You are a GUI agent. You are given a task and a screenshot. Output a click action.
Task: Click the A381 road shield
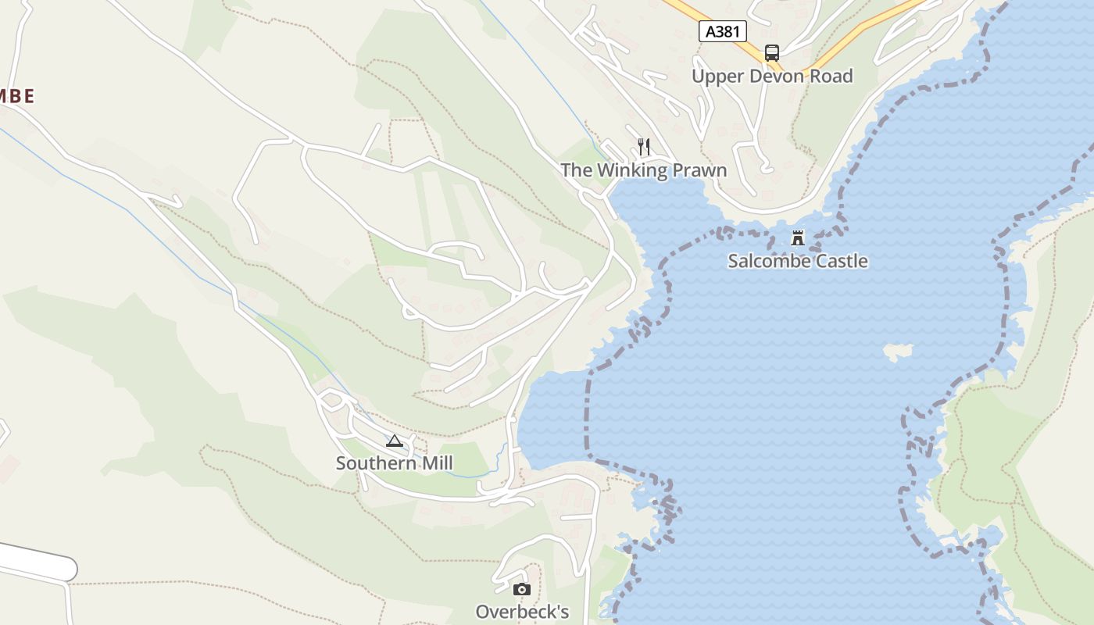[722, 31]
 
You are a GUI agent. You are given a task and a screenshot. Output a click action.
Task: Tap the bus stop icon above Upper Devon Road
[772, 53]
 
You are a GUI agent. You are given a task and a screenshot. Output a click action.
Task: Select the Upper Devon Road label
[772, 76]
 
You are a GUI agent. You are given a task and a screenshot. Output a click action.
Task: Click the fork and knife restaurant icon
[644, 146]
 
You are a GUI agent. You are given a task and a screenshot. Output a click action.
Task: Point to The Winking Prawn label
[643, 170]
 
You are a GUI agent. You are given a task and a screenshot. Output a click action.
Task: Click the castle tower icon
[798, 238]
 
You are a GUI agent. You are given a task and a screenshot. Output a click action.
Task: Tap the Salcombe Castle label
[798, 261]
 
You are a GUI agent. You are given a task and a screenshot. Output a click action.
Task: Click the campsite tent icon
[395, 441]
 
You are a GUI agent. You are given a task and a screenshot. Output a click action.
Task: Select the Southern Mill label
[394, 463]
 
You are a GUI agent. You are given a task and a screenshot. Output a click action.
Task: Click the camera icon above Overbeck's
[522, 589]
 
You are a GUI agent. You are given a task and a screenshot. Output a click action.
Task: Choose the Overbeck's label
[522, 611]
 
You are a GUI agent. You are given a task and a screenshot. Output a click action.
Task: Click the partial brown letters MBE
[16, 96]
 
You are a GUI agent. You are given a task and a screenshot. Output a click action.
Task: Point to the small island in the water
[898, 351]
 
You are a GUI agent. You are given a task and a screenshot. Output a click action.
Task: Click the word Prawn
[699, 170]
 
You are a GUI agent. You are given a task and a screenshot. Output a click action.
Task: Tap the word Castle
[841, 261]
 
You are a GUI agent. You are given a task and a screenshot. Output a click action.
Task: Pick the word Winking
[631, 170]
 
